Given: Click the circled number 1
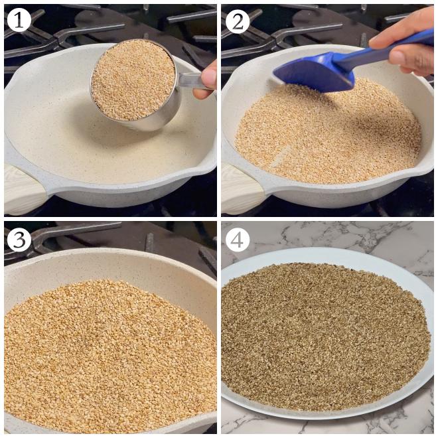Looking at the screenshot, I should coord(19,21).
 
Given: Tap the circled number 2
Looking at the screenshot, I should coord(237,21).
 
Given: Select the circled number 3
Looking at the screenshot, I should coord(19,239).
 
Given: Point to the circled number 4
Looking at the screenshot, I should coord(237,239).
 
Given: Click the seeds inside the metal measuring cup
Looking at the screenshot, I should coord(133,80).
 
